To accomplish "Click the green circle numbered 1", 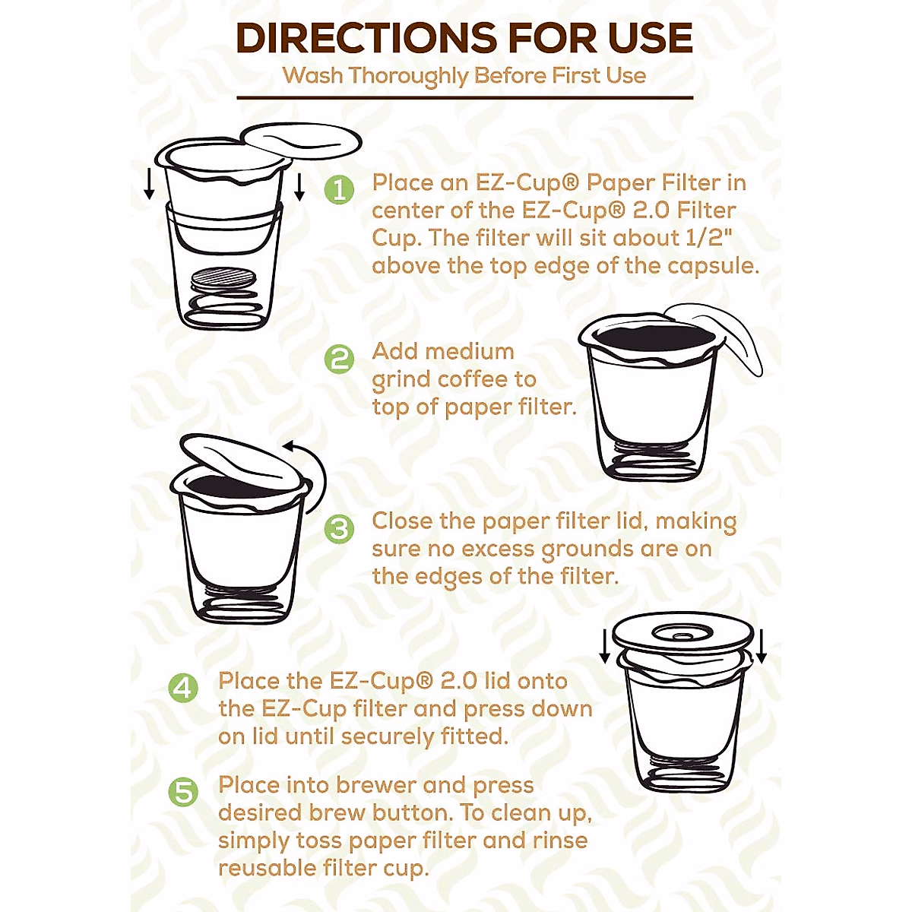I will [340, 189].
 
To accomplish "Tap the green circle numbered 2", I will [339, 358].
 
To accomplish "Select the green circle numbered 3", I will [339, 528].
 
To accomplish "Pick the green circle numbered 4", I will [183, 688].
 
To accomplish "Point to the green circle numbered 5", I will [183, 792].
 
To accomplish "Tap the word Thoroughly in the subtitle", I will [409, 76].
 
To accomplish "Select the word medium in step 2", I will [470, 351].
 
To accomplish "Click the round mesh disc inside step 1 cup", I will [225, 277].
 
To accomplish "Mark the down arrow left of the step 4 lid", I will [606, 645].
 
